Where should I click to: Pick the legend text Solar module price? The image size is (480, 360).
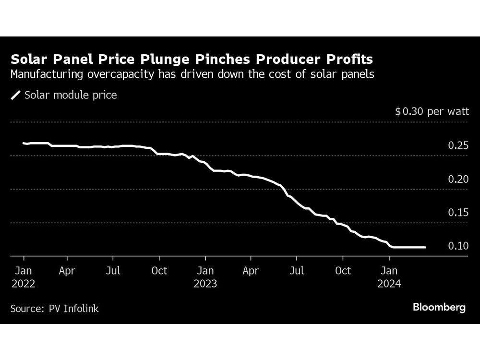point(71,95)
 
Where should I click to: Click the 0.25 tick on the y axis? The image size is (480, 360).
point(457,145)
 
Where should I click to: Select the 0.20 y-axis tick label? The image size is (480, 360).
point(457,179)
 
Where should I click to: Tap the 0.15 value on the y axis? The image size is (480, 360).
point(457,213)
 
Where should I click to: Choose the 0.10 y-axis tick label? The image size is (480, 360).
point(457,246)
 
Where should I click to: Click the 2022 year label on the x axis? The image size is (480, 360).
point(23,284)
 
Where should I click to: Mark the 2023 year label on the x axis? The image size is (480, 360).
point(205,284)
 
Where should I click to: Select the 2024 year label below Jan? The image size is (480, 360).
point(389,284)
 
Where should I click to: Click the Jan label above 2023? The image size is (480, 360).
point(205,271)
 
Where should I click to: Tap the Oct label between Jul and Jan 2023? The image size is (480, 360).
point(159,271)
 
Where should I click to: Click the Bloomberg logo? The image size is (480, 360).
point(439,308)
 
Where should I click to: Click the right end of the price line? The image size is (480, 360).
point(425,247)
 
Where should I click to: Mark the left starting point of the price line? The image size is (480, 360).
point(23,143)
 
